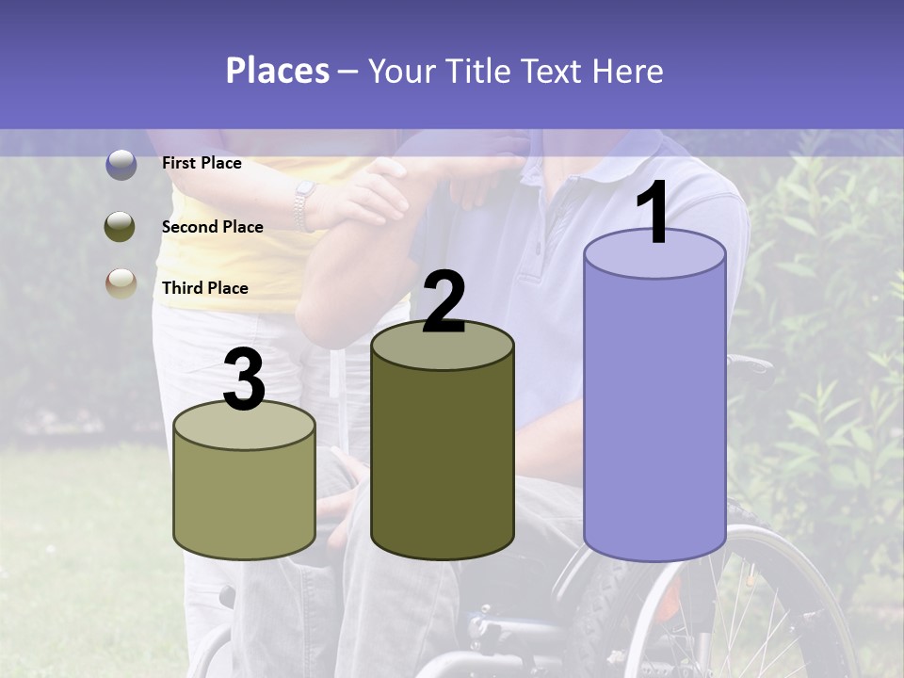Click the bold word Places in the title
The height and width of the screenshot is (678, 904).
[x=277, y=71]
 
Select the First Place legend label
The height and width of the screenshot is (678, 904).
[x=202, y=163]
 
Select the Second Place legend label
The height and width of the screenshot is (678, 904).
[x=212, y=227]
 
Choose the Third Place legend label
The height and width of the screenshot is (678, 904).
[x=204, y=288]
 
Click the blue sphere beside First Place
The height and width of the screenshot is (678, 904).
[x=121, y=165]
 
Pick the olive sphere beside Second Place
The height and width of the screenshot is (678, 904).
[x=121, y=227]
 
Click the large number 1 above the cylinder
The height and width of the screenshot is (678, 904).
[x=654, y=214]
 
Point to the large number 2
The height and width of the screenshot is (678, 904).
[x=444, y=302]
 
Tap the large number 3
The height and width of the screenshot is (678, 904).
[x=244, y=380]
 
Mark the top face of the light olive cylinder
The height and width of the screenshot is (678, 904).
[x=244, y=426]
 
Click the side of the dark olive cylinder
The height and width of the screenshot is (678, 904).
[x=443, y=461]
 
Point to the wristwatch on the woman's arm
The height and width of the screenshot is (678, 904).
[x=303, y=205]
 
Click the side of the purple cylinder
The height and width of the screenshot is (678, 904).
[x=654, y=414]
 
